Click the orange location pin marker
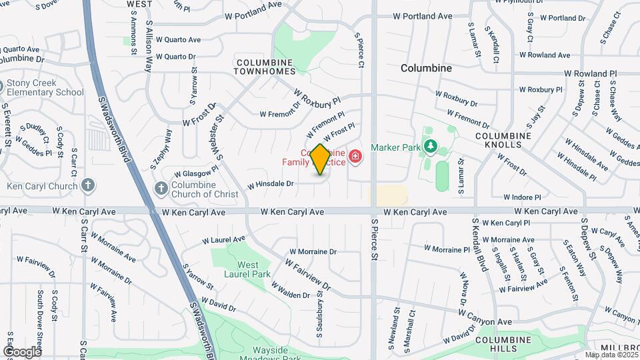click(320, 159)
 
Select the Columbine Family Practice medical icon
click(355, 157)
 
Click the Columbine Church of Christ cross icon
click(160, 189)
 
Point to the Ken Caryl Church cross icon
click(88, 186)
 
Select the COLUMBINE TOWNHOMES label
click(265, 66)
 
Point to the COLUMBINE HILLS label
click(505, 344)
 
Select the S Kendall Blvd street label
click(477, 243)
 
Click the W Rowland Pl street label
click(590, 73)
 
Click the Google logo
click(23, 351)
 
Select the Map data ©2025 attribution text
click(611, 355)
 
